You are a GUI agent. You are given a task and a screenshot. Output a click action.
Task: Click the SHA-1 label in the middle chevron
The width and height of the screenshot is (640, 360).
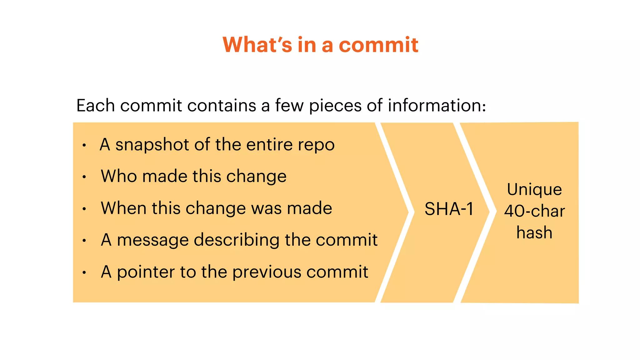449,209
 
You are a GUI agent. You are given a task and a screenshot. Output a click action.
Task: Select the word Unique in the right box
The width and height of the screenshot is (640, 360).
534,189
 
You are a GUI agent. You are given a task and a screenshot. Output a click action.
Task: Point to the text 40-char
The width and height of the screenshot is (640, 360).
534,211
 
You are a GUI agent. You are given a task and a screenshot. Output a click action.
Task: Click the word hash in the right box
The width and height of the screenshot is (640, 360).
534,232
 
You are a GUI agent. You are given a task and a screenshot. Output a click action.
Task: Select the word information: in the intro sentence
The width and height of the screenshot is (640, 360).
437,105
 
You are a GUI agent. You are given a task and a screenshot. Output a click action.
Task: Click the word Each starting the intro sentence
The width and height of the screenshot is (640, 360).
95,105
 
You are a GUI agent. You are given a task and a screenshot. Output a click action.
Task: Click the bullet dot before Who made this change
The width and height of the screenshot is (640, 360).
84,177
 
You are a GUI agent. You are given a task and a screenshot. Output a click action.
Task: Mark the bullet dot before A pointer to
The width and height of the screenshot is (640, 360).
84,273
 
